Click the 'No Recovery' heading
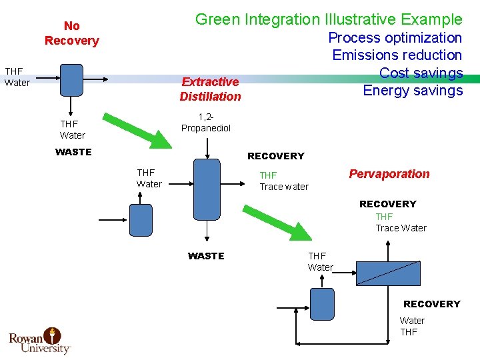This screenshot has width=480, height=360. point(71,33)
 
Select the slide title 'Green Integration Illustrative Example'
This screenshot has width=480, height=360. point(328,19)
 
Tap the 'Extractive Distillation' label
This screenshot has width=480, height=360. point(210,89)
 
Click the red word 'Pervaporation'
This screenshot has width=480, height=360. point(389,174)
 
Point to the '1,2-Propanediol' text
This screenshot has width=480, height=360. point(206,123)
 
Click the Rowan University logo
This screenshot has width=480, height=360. point(39,340)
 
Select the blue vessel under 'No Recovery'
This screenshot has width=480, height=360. point(71,81)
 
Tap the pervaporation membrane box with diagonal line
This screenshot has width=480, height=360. point(388,273)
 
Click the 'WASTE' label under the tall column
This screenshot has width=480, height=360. point(206,256)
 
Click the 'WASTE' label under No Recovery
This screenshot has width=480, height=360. point(73,152)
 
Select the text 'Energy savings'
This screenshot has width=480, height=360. point(412,90)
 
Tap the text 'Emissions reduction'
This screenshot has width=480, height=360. point(397,55)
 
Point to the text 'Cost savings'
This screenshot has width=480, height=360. point(421,73)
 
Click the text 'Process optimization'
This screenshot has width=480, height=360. point(395,38)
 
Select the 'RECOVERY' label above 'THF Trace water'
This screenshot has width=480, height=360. point(275,156)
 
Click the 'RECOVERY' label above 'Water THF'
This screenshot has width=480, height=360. point(431,304)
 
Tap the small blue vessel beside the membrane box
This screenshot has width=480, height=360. point(323,304)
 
